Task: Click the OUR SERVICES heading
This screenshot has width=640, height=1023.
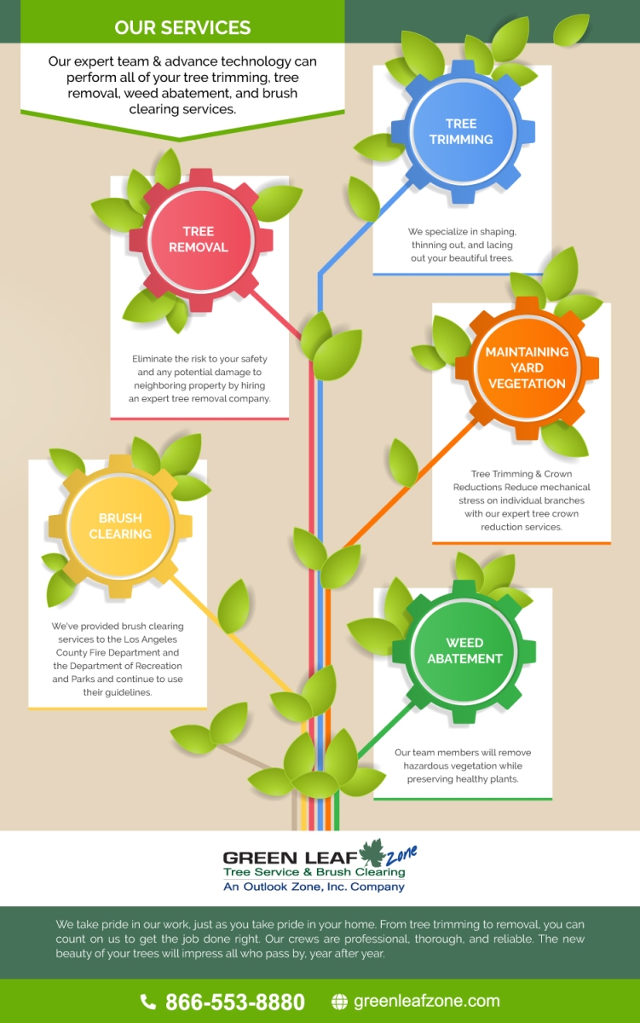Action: [182, 27]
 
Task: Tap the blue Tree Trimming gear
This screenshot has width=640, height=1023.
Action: [463, 131]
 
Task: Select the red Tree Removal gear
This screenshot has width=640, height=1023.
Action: [201, 240]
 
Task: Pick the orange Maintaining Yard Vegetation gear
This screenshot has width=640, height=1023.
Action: [527, 368]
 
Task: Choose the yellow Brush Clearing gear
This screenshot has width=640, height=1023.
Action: [120, 526]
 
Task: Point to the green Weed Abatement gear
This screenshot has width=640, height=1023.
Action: [464, 651]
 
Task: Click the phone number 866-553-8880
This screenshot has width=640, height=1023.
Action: [235, 1002]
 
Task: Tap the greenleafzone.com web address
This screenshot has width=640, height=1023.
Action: [427, 1001]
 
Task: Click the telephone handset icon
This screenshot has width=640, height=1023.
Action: [147, 1002]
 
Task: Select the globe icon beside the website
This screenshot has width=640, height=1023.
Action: [339, 1002]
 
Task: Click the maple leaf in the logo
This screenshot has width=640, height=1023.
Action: [373, 852]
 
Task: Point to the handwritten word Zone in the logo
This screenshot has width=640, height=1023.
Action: [401, 855]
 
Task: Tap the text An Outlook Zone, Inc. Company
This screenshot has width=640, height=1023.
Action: [314, 887]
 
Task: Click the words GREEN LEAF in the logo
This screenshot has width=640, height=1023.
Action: [291, 858]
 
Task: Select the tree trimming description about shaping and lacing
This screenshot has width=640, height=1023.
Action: [462, 245]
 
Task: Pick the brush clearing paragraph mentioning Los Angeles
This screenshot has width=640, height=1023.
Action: [118, 659]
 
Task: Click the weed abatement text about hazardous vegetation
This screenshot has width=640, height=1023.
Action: [463, 766]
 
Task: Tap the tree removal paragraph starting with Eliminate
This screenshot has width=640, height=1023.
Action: [199, 379]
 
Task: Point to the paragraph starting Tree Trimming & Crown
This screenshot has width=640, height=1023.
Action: [522, 500]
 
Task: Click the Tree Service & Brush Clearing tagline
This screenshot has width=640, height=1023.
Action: [314, 872]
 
